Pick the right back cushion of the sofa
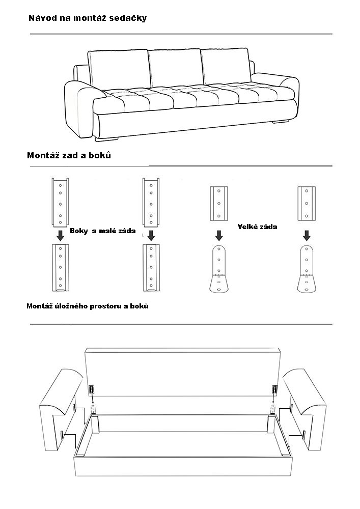tap(225, 68)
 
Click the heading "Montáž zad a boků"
tap(69, 155)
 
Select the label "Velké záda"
tap(257, 227)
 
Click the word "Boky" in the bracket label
tap(79, 231)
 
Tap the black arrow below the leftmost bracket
tap(60, 235)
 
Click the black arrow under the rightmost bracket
tap(306, 235)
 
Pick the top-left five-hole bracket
tap(60, 202)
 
